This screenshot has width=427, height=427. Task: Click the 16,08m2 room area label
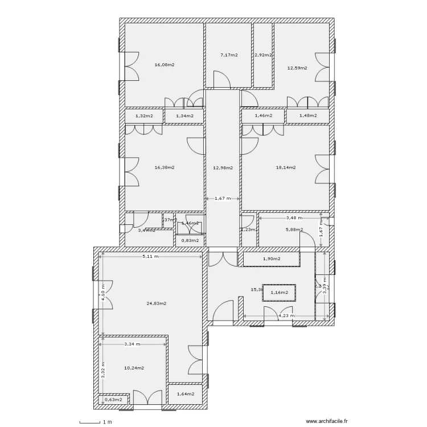click(164, 65)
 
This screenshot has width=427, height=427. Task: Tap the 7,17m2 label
click(229, 55)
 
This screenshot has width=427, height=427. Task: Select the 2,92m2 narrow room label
click(263, 55)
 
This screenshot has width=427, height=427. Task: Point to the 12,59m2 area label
click(297, 68)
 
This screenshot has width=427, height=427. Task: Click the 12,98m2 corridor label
click(223, 167)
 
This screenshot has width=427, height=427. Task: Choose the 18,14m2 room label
click(285, 167)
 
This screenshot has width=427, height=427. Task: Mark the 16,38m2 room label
click(164, 167)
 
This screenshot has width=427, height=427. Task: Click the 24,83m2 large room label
click(156, 303)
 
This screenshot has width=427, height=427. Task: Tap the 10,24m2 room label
click(134, 368)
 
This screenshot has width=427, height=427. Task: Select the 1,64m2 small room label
click(186, 393)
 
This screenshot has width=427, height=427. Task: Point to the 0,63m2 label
click(114, 399)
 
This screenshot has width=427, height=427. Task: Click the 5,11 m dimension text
click(150, 256)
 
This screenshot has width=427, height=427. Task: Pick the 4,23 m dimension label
click(286, 315)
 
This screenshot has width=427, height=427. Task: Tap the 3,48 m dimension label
click(294, 217)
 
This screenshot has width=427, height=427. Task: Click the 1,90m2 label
click(272, 260)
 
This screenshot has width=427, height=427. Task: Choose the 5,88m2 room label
click(294, 230)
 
